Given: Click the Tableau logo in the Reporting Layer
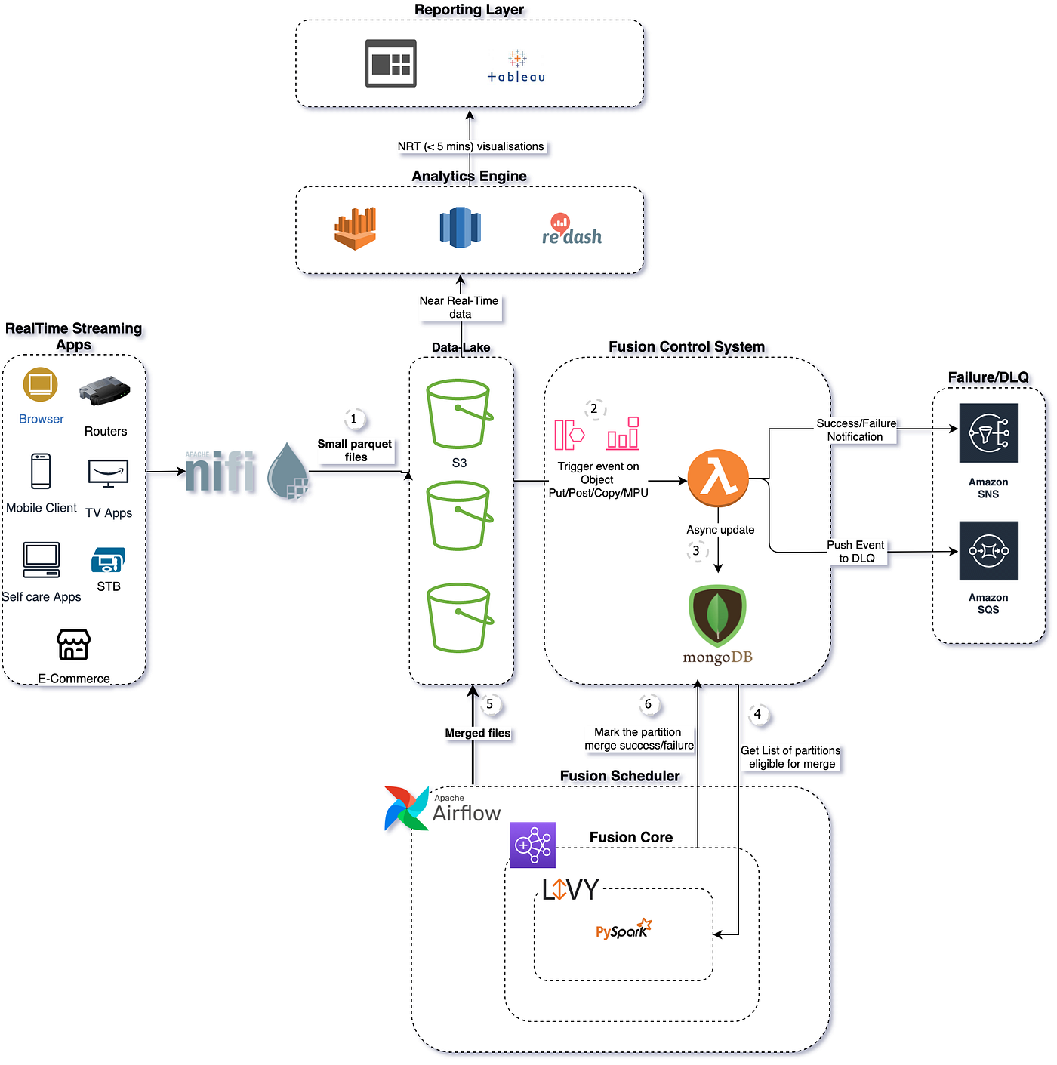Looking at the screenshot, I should coord(516,66).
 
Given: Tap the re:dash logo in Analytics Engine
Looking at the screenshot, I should coord(572,230).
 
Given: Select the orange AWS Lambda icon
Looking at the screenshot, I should coord(718,479).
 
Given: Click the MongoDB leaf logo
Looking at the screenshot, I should coord(717,616).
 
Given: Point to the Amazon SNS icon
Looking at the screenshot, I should coord(988,433).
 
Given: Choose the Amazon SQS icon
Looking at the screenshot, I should coord(988,551).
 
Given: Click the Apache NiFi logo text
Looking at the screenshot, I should coord(220,472).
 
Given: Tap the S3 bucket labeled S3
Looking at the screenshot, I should coord(459,414).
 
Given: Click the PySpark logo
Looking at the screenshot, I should coord(623,929).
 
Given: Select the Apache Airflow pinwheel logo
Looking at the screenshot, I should coord(406,808).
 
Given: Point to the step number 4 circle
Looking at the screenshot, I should coord(758,714).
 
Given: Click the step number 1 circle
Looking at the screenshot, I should coord(354,419).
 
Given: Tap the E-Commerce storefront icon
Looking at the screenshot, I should coord(74,645).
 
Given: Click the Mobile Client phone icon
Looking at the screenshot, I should coord(41,472).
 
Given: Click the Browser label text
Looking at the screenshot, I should coord(42,419).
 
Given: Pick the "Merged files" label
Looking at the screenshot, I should coord(478,733).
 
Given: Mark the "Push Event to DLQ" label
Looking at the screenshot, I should coord(856,552).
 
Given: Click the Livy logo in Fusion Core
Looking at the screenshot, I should coord(570,890).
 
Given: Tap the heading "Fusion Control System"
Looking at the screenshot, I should coord(686,346).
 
